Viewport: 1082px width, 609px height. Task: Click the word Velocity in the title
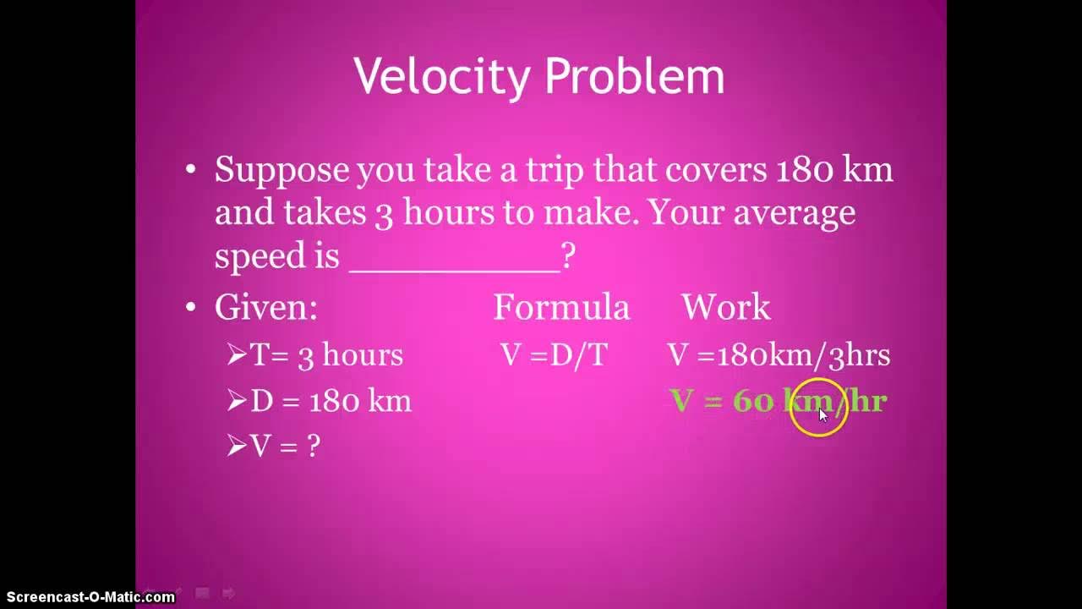[443, 77]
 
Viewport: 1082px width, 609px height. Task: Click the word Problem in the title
[634, 77]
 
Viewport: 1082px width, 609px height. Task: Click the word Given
[265, 307]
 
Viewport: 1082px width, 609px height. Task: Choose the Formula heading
[561, 307]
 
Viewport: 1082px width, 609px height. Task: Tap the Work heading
[725, 307]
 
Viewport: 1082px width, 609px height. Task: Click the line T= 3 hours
[325, 355]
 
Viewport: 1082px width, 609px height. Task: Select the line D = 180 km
[331, 400]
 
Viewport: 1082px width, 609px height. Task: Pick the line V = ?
[285, 446]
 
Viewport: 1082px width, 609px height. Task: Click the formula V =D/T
[554, 355]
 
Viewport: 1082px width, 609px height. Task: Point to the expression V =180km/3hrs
[779, 355]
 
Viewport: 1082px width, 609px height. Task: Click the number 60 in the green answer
[752, 400]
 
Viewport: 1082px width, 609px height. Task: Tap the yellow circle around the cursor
[818, 409]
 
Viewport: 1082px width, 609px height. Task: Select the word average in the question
[794, 212]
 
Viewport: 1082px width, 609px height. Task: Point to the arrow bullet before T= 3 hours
[236, 354]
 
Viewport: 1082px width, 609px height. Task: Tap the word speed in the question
[259, 255]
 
